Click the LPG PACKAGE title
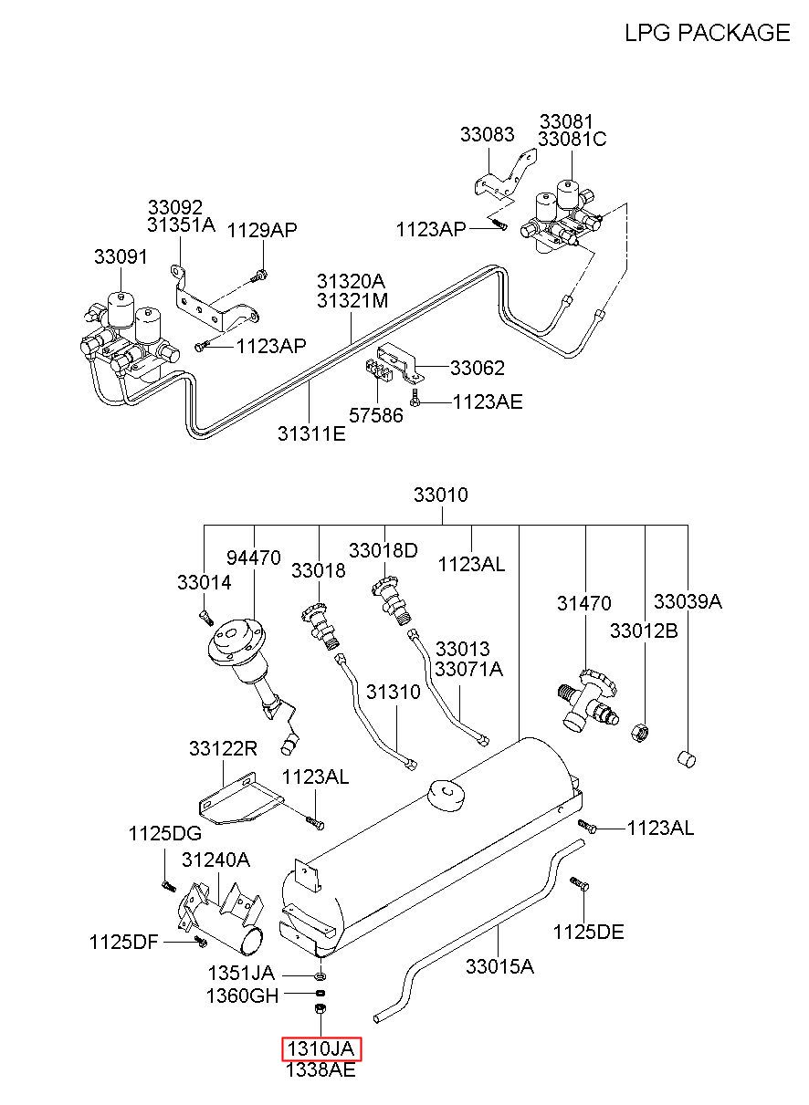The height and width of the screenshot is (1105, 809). (x=708, y=33)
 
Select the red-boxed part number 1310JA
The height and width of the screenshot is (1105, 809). (x=321, y=1048)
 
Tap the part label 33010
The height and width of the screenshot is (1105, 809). (x=441, y=495)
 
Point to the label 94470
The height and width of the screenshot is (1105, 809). (x=253, y=558)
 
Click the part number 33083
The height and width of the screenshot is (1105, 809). (x=488, y=134)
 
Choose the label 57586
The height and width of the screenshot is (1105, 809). (x=376, y=415)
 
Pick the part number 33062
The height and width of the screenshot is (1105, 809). (x=478, y=368)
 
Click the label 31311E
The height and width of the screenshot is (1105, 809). (x=311, y=433)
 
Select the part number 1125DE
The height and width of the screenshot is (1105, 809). (x=588, y=933)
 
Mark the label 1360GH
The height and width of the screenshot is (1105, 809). (x=242, y=996)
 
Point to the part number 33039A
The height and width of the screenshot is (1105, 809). (x=688, y=601)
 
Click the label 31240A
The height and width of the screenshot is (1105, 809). (x=215, y=860)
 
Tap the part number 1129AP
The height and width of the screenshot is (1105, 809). (x=262, y=230)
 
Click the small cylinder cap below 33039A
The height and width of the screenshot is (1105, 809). (x=686, y=758)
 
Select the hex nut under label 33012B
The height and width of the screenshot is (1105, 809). (x=641, y=732)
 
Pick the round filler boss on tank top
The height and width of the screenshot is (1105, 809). (x=447, y=795)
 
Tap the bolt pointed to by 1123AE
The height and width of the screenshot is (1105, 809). (x=415, y=396)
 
